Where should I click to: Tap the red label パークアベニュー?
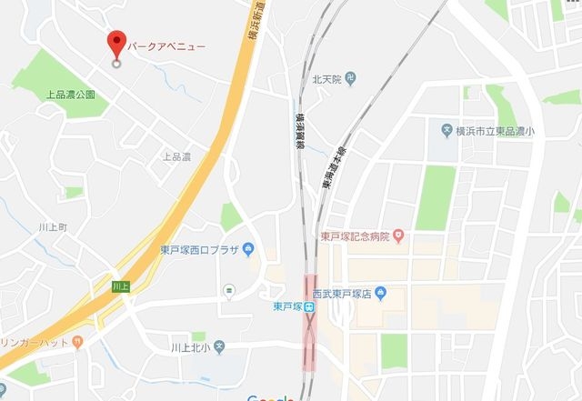[x=166, y=45]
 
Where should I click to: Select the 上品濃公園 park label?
[x=71, y=94]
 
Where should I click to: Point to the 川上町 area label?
[x=54, y=226]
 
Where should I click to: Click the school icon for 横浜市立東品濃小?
[x=446, y=131]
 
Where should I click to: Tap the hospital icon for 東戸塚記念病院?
[x=397, y=236]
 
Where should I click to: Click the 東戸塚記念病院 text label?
[x=355, y=236]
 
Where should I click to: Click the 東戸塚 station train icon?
[x=309, y=306]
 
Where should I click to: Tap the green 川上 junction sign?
[x=119, y=286]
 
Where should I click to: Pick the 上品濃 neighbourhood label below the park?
[x=176, y=156]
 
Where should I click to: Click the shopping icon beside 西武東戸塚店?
[x=381, y=293]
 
